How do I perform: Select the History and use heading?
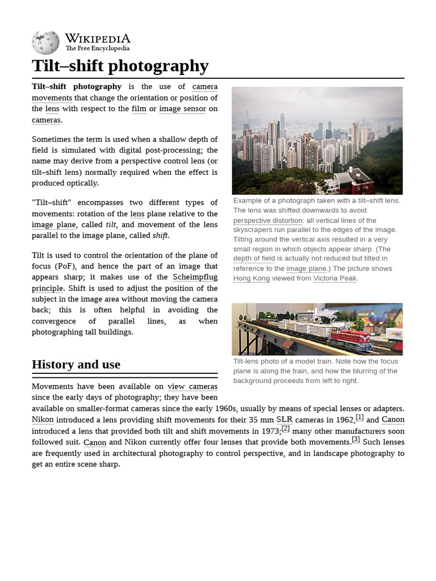click(76, 364)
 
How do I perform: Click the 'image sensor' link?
click(182, 109)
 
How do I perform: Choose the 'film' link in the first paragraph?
click(139, 109)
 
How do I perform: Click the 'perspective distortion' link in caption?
click(268, 220)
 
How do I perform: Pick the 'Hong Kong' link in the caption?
click(251, 278)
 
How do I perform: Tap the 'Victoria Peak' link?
click(334, 278)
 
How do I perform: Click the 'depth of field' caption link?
click(254, 259)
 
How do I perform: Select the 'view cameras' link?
click(192, 386)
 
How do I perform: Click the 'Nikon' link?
click(43, 420)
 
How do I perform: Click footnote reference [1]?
click(359, 418)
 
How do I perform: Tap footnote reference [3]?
click(356, 439)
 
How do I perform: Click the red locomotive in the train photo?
click(351, 338)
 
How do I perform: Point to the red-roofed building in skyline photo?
click(354, 181)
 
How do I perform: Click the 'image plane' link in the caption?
click(306, 268)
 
